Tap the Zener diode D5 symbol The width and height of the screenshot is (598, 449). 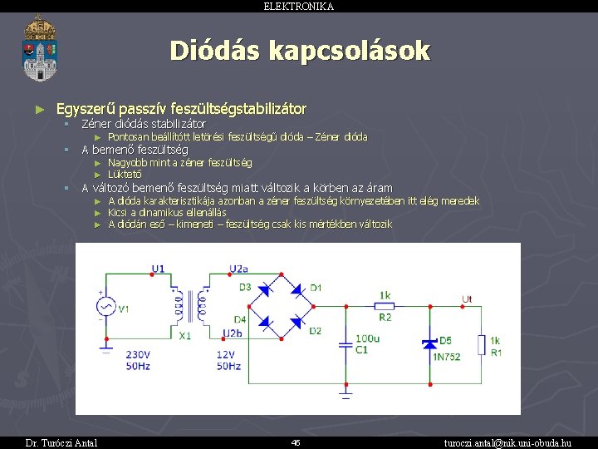(x=430, y=342)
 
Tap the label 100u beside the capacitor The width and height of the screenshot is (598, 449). (x=367, y=338)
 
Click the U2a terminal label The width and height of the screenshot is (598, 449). (x=238, y=268)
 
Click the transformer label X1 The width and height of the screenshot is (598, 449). (x=184, y=335)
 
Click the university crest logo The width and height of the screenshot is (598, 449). (x=39, y=47)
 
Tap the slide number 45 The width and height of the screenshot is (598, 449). (x=296, y=442)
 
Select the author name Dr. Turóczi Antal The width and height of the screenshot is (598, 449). (x=61, y=442)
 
